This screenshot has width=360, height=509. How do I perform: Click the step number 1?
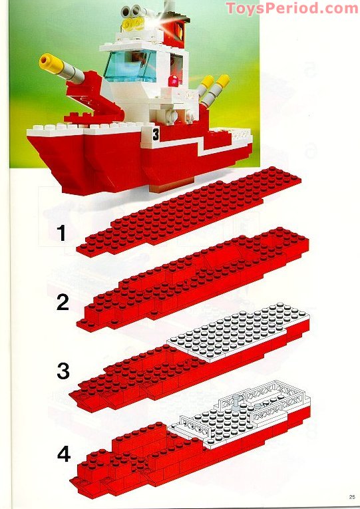(x=61, y=233)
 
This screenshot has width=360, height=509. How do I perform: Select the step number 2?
(x=63, y=302)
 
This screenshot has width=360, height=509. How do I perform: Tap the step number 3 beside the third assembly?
(x=63, y=371)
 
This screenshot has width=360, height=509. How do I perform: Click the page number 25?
(x=352, y=497)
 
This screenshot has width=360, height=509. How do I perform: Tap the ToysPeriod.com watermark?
(x=292, y=8)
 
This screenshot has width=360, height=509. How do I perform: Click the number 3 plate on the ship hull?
(x=156, y=134)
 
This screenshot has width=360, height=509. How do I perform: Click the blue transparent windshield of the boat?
(x=130, y=67)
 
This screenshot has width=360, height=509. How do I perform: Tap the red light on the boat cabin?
(x=173, y=81)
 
